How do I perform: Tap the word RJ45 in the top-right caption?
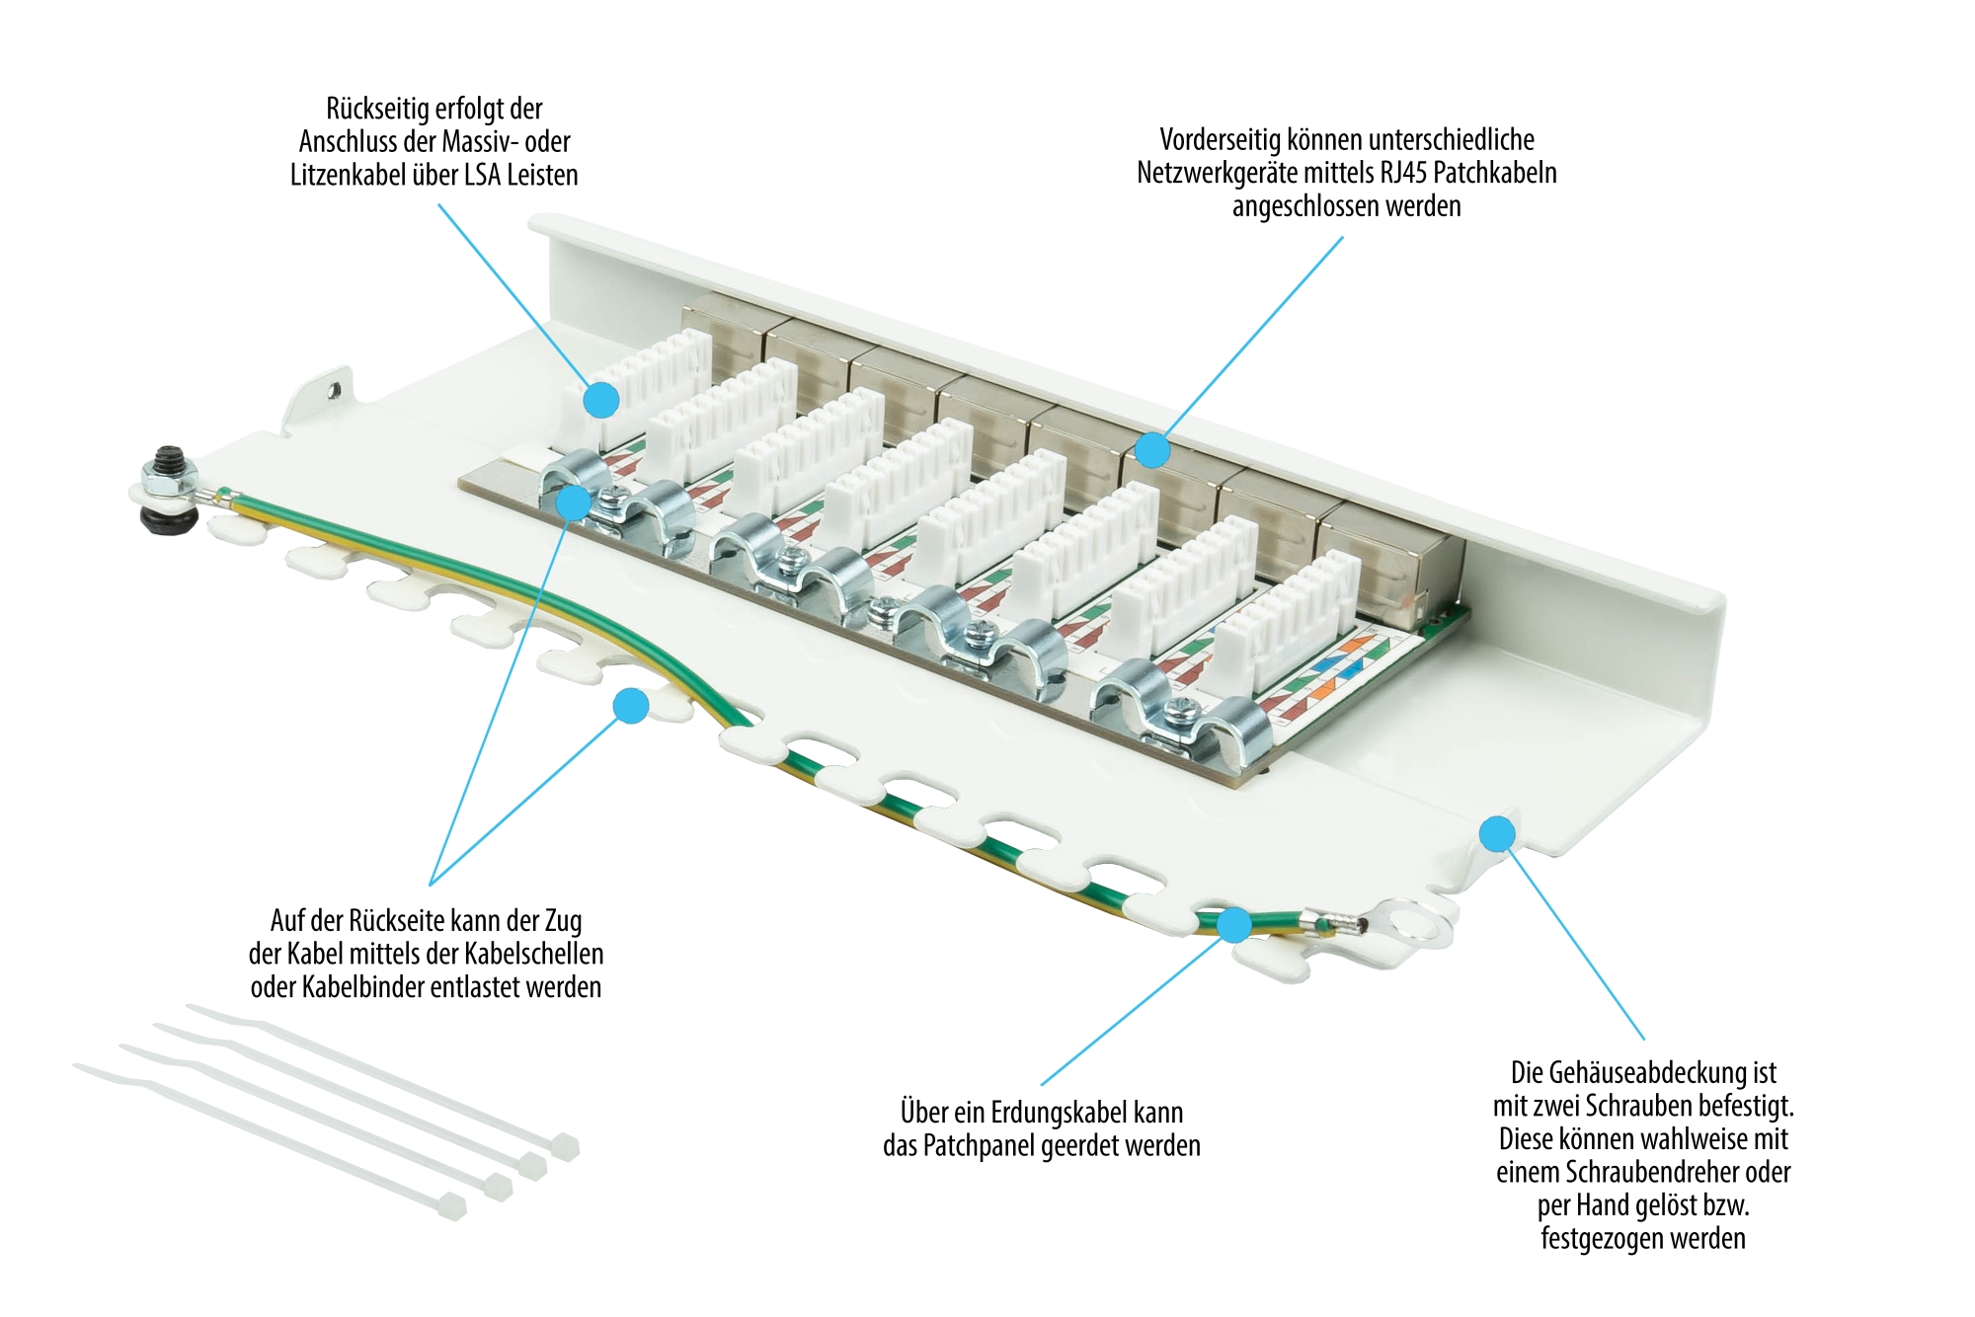click(x=1404, y=173)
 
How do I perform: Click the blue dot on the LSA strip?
click(x=601, y=400)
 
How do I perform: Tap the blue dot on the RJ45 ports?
click(x=1152, y=450)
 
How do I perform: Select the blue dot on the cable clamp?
click(x=573, y=503)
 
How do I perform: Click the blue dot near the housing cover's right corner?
click(x=1497, y=833)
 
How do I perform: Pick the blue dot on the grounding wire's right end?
click(x=1234, y=925)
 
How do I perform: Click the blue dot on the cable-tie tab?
click(x=630, y=706)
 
